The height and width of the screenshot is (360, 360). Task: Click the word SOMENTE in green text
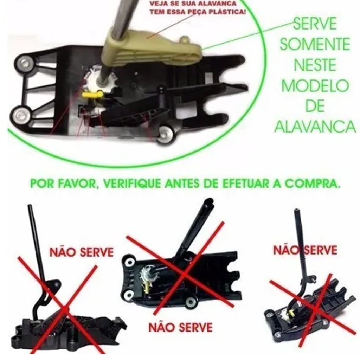click(x=315, y=44)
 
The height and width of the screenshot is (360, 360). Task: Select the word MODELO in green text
click(x=315, y=86)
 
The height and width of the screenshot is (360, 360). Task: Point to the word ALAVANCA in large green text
click(x=315, y=127)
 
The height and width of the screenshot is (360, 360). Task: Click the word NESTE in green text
click(x=315, y=65)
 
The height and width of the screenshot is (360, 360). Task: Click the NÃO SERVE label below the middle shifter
click(x=180, y=327)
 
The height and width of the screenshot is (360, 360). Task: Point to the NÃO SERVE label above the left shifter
click(x=82, y=252)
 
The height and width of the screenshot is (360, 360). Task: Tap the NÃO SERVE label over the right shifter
click(x=305, y=250)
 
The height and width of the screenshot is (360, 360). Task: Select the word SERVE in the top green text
click(x=315, y=24)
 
